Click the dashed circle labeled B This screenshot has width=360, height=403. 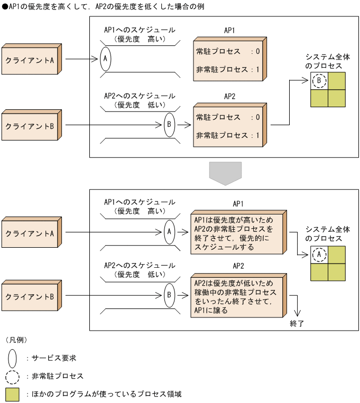click(319, 81)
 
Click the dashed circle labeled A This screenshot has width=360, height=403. click(319, 255)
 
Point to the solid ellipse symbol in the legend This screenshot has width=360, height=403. click(12, 358)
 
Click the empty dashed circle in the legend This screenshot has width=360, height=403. click(12, 377)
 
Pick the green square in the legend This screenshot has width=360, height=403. click(12, 395)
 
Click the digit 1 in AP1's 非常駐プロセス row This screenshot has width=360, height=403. click(257, 69)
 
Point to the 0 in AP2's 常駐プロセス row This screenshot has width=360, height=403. click(257, 117)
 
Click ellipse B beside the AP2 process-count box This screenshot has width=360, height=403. click(169, 125)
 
